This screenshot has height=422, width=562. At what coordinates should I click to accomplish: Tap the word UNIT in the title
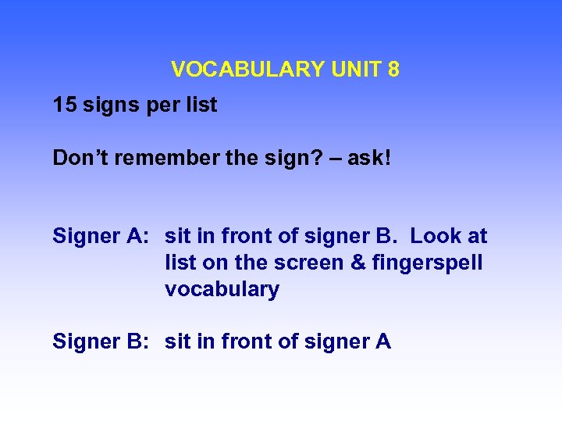tap(355, 70)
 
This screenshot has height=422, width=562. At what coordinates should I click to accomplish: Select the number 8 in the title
tap(393, 70)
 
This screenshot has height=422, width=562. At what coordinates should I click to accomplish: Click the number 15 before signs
tap(64, 105)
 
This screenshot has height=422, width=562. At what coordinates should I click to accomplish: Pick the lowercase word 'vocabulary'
tap(222, 289)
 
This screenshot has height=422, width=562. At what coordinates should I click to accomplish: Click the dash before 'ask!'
tap(332, 159)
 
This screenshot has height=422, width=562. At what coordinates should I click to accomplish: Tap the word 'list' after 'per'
tap(200, 105)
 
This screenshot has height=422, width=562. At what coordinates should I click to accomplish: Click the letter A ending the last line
tap(383, 342)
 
